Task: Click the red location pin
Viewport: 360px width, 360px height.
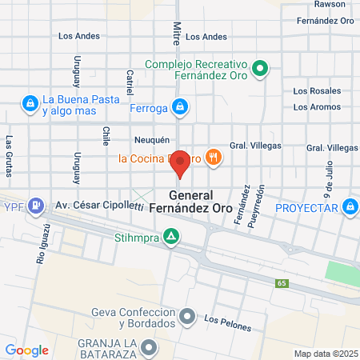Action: tap(182, 163)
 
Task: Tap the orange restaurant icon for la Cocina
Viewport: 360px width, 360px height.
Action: tap(212, 158)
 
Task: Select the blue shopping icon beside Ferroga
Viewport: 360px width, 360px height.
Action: tap(181, 106)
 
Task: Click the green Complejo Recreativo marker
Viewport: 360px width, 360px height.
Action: tap(259, 70)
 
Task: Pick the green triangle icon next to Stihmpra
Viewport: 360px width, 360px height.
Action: tap(170, 236)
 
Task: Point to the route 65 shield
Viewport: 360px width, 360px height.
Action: tap(282, 283)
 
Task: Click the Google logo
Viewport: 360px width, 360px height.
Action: tap(26, 350)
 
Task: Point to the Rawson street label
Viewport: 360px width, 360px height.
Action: tap(330, 4)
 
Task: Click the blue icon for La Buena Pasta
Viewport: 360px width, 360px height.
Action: tap(30, 102)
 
